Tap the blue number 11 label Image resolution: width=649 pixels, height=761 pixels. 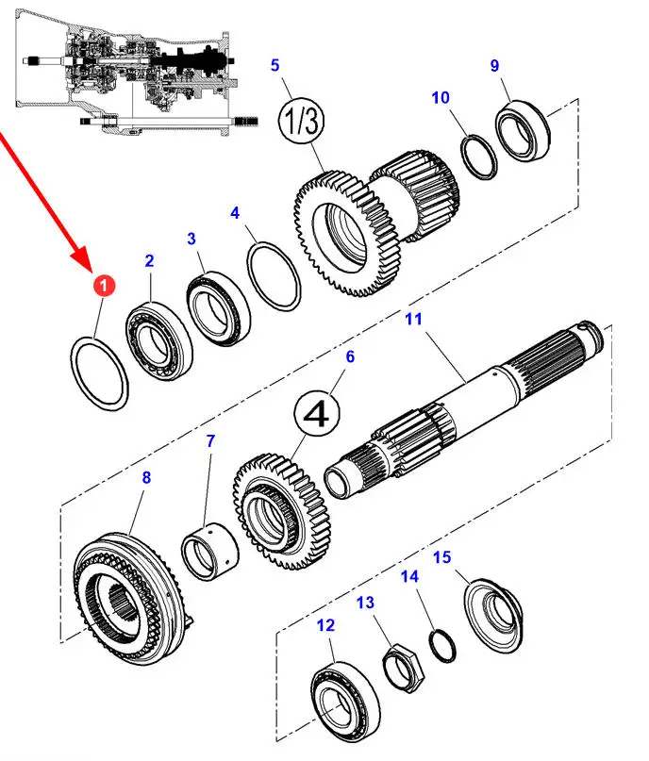point(414,319)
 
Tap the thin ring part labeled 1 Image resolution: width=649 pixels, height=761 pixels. point(99,373)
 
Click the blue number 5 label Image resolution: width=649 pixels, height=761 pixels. point(275,65)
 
